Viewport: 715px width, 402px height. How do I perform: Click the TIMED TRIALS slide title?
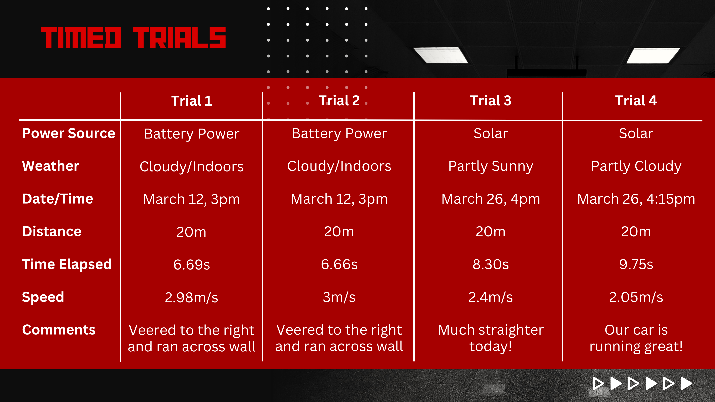tap(133, 38)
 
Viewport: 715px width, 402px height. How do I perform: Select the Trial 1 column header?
tap(191, 101)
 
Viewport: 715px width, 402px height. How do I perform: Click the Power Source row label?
tap(69, 133)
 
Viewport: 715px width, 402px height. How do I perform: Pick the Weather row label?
tap(51, 166)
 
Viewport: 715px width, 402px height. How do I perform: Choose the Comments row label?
tap(59, 330)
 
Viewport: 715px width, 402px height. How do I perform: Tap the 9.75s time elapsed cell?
tap(636, 264)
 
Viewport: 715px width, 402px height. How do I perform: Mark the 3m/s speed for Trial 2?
tap(339, 297)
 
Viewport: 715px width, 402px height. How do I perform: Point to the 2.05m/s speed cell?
tap(636, 297)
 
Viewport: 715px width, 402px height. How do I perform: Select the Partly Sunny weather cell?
tap(490, 166)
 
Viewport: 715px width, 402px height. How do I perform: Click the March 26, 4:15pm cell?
tap(636, 199)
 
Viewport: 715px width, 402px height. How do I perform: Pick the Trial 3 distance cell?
tap(490, 232)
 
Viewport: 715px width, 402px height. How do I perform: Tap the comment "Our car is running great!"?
tap(636, 338)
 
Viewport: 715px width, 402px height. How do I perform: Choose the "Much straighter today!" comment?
tap(490, 338)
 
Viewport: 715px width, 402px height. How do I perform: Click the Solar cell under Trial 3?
tap(490, 133)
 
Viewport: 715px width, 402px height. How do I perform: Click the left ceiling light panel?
tap(440, 55)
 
